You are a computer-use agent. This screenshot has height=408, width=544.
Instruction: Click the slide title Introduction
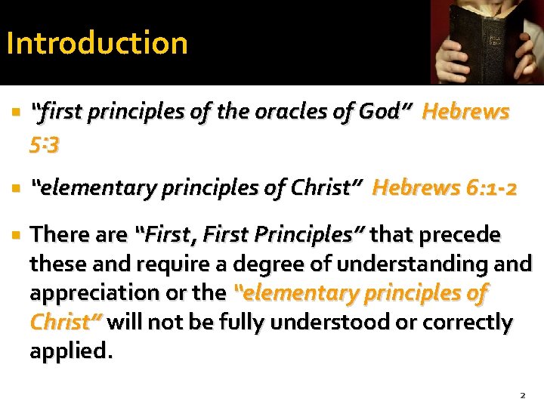(97, 43)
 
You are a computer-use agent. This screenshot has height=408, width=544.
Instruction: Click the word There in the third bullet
(57, 235)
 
